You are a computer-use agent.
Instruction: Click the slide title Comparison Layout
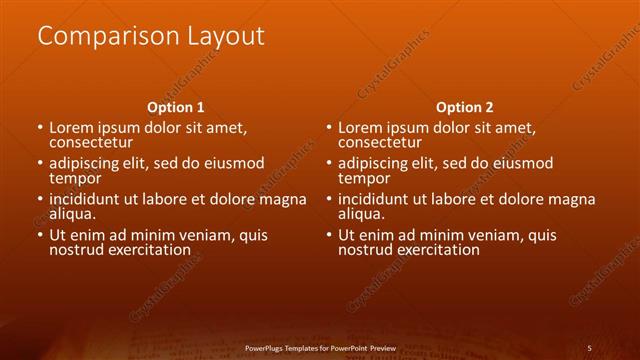coord(151,37)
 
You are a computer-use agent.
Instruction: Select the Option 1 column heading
coord(176,107)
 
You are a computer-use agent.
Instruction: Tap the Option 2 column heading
coord(465,107)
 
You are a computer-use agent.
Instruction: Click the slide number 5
coord(589,348)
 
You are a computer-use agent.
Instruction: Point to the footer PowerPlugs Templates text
coord(319,348)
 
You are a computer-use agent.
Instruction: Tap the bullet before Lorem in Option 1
coord(40,129)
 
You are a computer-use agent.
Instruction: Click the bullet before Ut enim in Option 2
coord(329,236)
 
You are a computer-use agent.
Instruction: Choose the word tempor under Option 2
coord(364,179)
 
